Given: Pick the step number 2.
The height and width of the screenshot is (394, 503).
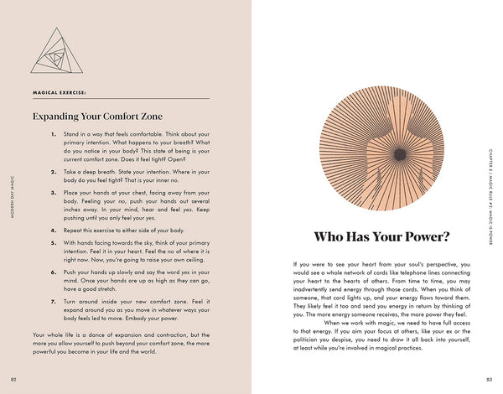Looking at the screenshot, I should pyautogui.click(x=53, y=171).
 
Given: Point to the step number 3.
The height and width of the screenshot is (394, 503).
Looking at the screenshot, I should pyautogui.click(x=53, y=192).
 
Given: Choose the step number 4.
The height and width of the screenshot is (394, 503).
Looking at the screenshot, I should pyautogui.click(x=53, y=229).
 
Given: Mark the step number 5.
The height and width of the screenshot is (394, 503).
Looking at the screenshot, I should pyautogui.click(x=53, y=241).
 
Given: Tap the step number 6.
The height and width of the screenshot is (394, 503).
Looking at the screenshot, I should pyautogui.click(x=53, y=272).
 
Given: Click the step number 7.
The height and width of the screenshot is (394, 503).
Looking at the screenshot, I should pyautogui.click(x=53, y=300).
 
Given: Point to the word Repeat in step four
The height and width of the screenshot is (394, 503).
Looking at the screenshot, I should pyautogui.click(x=74, y=229).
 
